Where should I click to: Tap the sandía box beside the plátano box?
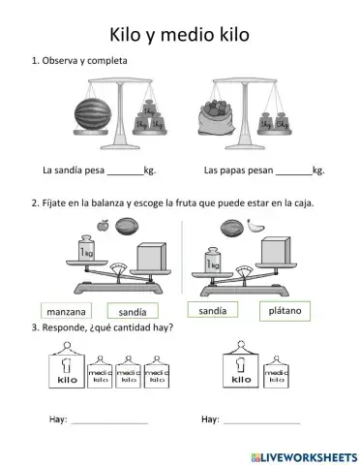coord(213,310)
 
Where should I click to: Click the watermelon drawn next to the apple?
coord(127,227)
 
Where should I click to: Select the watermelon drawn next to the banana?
coord(228,229)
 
